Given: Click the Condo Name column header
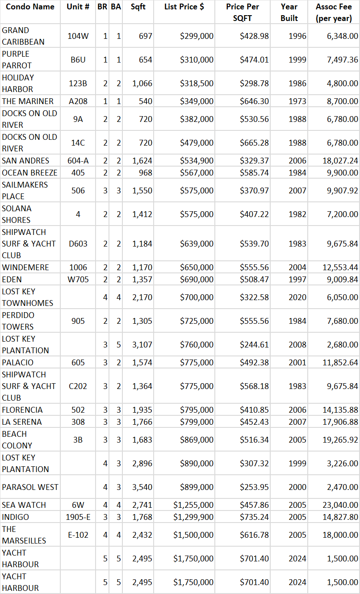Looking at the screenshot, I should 30,7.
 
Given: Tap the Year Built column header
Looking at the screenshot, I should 289,13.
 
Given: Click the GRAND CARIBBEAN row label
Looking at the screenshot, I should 23,36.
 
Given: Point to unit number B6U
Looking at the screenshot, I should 78,60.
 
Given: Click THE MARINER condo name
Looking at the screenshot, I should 28,101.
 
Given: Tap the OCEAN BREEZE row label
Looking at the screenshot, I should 29,173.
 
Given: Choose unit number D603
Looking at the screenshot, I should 78,244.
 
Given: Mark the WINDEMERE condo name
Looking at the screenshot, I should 25,268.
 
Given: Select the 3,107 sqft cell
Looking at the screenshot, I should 142,345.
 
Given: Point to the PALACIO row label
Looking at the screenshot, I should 17,363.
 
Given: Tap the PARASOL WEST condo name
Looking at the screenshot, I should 30,487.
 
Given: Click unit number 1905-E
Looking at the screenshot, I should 78,517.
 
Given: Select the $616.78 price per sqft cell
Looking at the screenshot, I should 254,535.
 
